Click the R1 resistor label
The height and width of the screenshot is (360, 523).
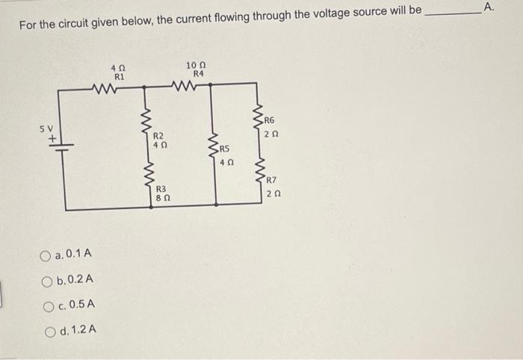tap(119, 76)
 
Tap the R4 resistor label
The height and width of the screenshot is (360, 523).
tap(198, 73)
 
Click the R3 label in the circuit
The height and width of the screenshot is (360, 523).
tap(161, 190)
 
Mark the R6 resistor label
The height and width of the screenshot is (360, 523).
tap(270, 120)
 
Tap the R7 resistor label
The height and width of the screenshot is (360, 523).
tap(271, 181)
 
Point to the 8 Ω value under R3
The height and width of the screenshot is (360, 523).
tap(161, 199)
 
